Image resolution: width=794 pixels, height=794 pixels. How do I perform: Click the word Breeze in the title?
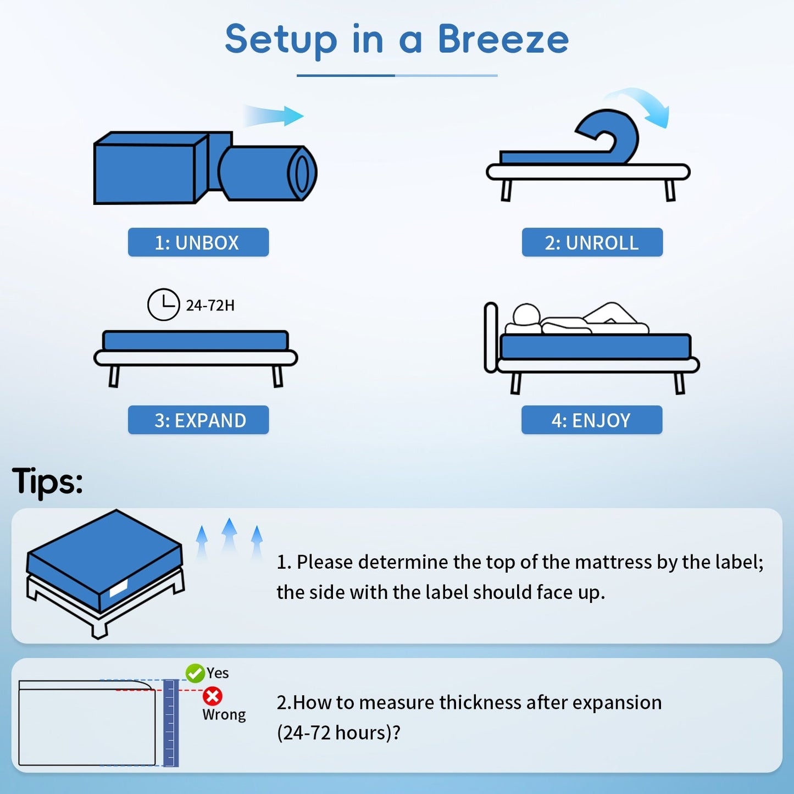coord(503,40)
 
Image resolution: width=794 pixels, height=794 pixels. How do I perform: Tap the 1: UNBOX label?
coord(198,242)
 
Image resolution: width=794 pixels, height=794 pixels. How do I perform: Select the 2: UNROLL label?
coord(592,242)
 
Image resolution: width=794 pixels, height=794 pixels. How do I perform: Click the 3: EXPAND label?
coord(198,420)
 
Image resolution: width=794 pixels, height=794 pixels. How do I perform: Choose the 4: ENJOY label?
coord(591,420)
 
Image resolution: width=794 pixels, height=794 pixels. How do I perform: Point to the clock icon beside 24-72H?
coord(163,304)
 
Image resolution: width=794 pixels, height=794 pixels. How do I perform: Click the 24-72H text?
coord(210,306)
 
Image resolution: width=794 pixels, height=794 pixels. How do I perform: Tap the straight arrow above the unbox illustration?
coord(275,116)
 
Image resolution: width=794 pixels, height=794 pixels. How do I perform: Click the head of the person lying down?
coord(526,315)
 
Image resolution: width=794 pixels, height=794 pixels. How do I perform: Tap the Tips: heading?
coord(47,482)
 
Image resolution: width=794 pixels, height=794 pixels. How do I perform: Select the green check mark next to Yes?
coord(195,673)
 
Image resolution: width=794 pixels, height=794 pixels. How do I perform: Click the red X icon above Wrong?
coord(212,696)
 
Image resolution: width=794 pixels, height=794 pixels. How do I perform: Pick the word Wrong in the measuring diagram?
coord(224,714)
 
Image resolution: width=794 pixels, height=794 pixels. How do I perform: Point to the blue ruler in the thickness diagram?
coord(171,723)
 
